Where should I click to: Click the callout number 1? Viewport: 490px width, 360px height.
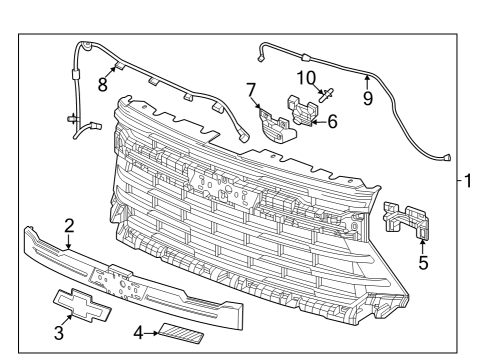click(x=470, y=181)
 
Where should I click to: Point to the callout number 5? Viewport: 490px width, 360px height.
click(x=422, y=264)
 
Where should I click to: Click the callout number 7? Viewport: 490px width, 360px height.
click(x=251, y=91)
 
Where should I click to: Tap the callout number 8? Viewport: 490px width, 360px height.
click(x=102, y=84)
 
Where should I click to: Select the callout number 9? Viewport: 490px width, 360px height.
click(x=367, y=99)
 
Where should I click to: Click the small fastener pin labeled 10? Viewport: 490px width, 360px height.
click(x=326, y=97)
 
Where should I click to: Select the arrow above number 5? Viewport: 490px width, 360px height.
click(x=422, y=244)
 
